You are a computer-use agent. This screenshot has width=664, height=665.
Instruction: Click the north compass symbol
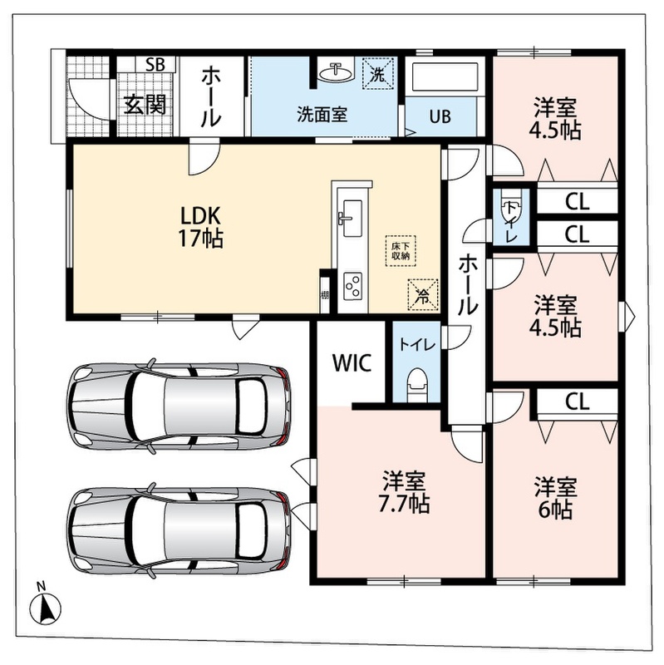45,605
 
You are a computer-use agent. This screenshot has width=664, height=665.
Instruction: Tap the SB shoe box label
155,65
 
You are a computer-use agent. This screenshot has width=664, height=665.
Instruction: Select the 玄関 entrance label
145,105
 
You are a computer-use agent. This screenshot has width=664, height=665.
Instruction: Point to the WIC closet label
352,362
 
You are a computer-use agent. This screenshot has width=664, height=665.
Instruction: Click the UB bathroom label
440,116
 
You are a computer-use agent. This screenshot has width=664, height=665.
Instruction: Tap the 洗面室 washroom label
322,115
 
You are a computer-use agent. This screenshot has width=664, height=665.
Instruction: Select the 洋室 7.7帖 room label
404,492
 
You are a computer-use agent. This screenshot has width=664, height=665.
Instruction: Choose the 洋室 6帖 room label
555,497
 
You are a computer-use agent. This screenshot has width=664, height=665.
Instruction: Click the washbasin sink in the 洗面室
336,73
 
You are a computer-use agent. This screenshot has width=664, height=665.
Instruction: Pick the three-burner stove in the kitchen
353,285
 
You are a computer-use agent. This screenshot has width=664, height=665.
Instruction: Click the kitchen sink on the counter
352,219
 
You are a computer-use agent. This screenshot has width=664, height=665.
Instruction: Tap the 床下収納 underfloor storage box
401,251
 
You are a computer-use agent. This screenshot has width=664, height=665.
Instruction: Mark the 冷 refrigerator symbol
422,294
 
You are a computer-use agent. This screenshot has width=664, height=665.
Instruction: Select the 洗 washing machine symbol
377,74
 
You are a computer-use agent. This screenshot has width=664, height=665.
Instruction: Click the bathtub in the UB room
445,76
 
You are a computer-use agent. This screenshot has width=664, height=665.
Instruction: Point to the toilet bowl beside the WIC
418,385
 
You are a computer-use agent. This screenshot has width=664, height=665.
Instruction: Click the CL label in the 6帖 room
577,401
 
